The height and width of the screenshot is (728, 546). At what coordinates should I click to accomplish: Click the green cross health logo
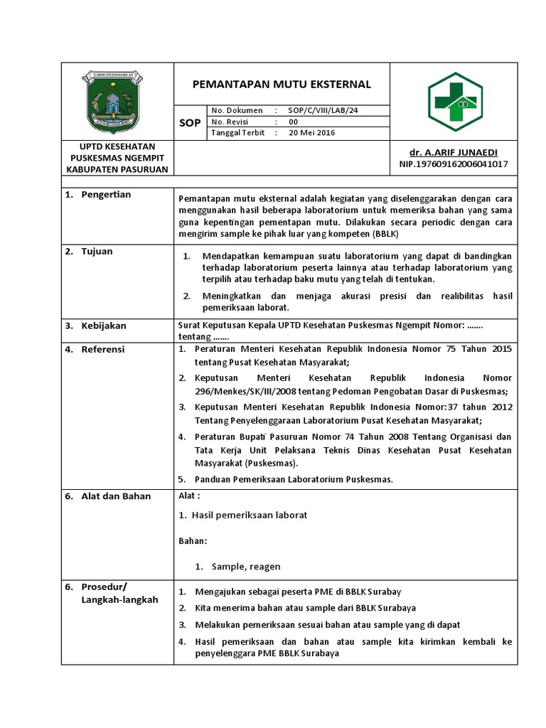pos(455,102)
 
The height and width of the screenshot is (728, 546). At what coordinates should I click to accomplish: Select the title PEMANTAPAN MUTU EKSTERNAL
pos(282,84)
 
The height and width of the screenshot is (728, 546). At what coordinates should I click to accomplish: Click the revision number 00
pos(294,122)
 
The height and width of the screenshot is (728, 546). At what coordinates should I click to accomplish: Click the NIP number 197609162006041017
pos(454,164)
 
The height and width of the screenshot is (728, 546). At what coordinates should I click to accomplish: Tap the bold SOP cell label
pos(190,123)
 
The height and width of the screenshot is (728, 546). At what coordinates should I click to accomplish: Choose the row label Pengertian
pos(106,195)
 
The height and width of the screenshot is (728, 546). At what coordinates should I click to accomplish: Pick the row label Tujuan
pos(97,252)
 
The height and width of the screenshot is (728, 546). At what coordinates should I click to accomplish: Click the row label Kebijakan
pos(104,326)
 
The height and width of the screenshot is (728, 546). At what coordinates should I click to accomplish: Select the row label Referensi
pos(103,349)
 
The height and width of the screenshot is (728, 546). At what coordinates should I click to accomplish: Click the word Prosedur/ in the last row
pos(104,587)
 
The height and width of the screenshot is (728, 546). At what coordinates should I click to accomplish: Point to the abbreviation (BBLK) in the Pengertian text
pos(385,232)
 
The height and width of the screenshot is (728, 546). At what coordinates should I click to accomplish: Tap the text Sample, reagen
pos(246,567)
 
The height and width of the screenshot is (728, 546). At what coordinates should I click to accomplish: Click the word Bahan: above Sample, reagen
pos(192,541)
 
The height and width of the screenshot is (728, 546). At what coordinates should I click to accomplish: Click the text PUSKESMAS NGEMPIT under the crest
pos(117,158)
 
